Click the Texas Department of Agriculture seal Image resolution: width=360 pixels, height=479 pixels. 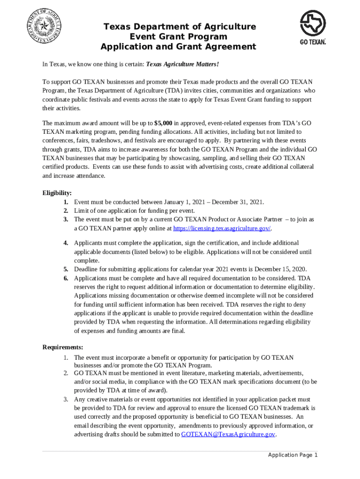46,26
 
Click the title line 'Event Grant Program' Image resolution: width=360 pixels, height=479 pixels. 179,36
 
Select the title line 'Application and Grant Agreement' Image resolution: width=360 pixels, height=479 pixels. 179,47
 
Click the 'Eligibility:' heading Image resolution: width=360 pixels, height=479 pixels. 57,193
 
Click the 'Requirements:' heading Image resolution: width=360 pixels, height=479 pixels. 63,347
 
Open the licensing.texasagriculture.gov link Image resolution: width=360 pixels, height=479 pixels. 222,228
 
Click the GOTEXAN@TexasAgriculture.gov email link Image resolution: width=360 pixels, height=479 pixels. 228,435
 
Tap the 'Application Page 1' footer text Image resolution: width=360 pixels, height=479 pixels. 293,455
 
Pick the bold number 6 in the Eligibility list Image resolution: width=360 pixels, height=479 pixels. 66,278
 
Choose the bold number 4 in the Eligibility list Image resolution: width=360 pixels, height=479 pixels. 66,243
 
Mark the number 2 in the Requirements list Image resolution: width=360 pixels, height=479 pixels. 66,373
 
